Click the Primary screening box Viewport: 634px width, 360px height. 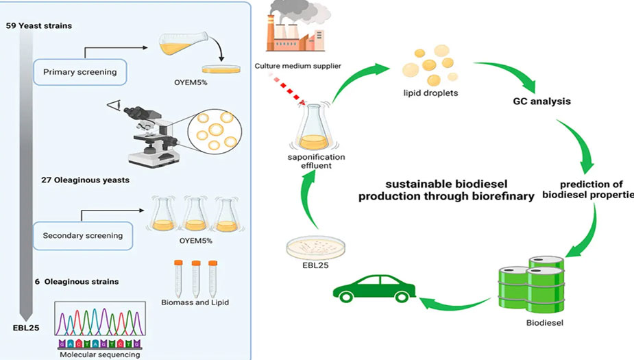click(x=80, y=71)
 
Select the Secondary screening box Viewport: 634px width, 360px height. click(x=83, y=235)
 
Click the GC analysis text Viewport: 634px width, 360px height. click(x=542, y=101)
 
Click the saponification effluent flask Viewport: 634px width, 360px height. click(x=309, y=127)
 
